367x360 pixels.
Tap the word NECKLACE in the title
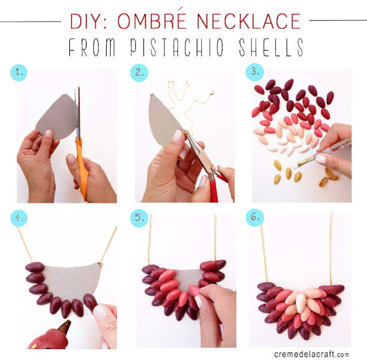[249, 21]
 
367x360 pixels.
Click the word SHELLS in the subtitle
[271, 47]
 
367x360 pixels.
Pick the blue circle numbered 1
[19, 73]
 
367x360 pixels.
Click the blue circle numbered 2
[139, 73]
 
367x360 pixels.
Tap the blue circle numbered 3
[255, 72]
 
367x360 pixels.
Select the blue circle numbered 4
[19, 218]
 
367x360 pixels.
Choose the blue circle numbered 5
[139, 218]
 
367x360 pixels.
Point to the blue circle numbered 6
[255, 218]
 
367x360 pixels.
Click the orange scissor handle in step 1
[83, 169]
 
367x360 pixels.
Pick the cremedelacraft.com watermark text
[311, 354]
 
